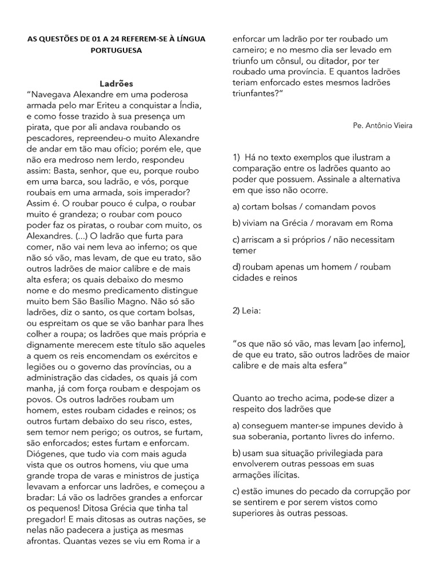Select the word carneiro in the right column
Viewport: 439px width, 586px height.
pos(250,50)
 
